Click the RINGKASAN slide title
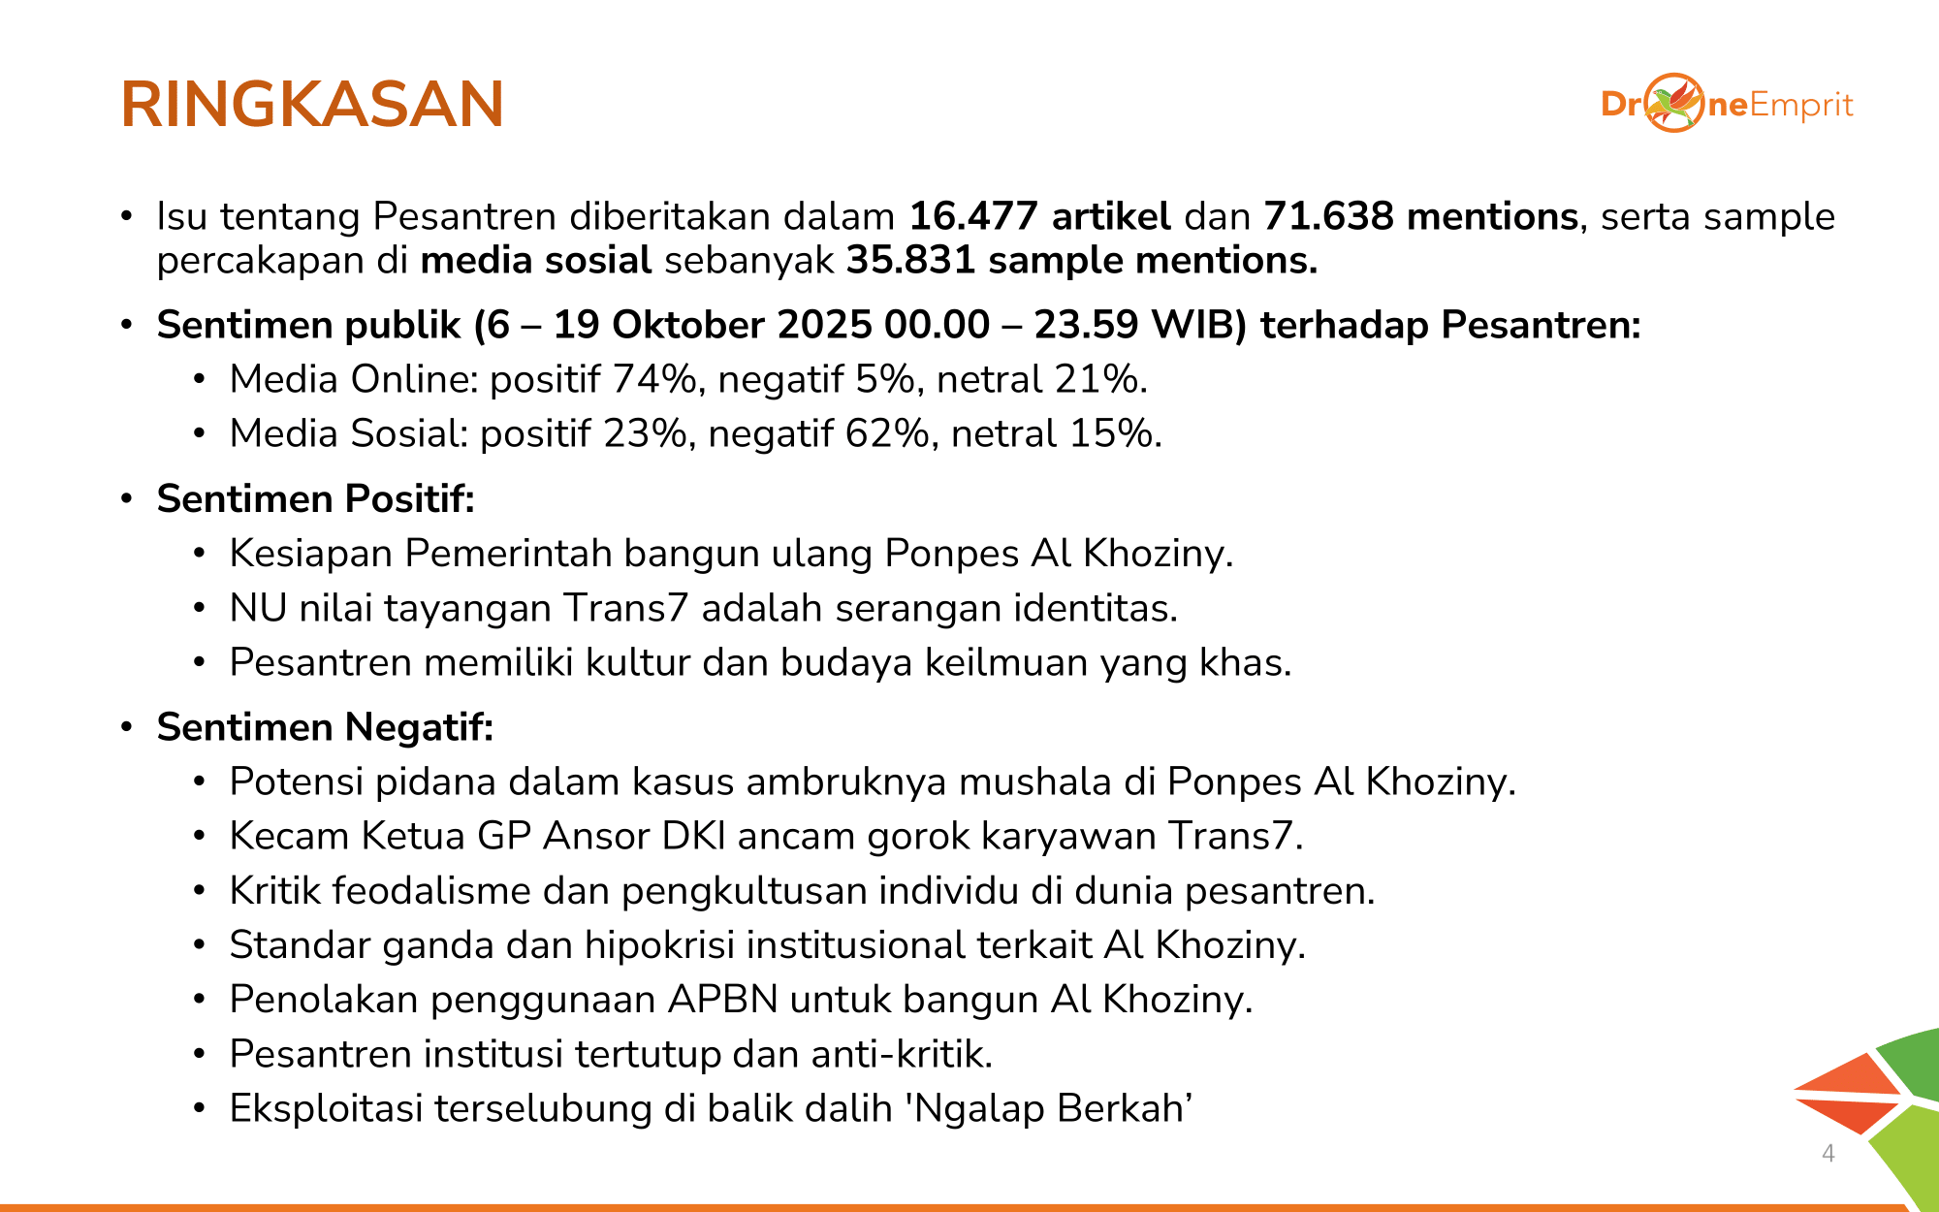(x=312, y=105)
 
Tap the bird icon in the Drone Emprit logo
(x=1673, y=103)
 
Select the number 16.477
(x=972, y=216)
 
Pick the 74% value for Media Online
(x=653, y=379)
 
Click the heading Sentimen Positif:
(x=316, y=498)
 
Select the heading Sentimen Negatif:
(x=326, y=727)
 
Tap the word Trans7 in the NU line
(x=625, y=608)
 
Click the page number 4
(x=1828, y=1153)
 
